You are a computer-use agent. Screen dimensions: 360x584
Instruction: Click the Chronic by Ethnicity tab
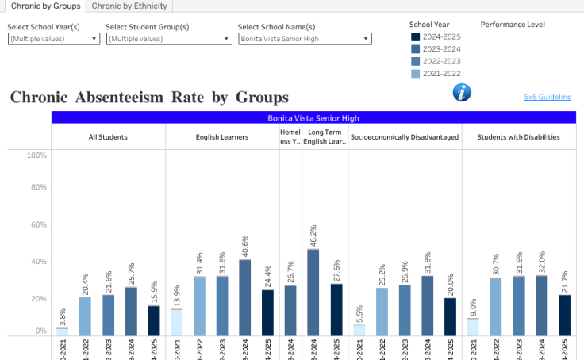pos(129,6)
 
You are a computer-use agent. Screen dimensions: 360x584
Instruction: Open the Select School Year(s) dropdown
pos(54,38)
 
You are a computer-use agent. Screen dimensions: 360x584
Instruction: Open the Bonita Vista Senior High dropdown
pos(305,38)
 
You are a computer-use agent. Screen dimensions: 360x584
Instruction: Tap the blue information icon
pos(462,93)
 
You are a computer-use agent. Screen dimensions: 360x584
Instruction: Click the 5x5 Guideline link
pos(547,97)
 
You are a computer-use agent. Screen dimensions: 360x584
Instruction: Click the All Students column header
pos(108,137)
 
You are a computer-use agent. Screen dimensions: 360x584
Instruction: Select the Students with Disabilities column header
pos(518,137)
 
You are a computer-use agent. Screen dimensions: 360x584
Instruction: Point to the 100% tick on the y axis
pos(36,155)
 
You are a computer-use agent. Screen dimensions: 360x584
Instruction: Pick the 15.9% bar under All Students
pos(154,320)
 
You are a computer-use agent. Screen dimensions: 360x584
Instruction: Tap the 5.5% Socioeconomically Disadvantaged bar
pos(359,330)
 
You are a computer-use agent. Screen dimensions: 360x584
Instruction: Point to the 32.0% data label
pos(542,262)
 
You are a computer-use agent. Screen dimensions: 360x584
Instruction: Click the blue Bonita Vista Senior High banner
pos(313,117)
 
